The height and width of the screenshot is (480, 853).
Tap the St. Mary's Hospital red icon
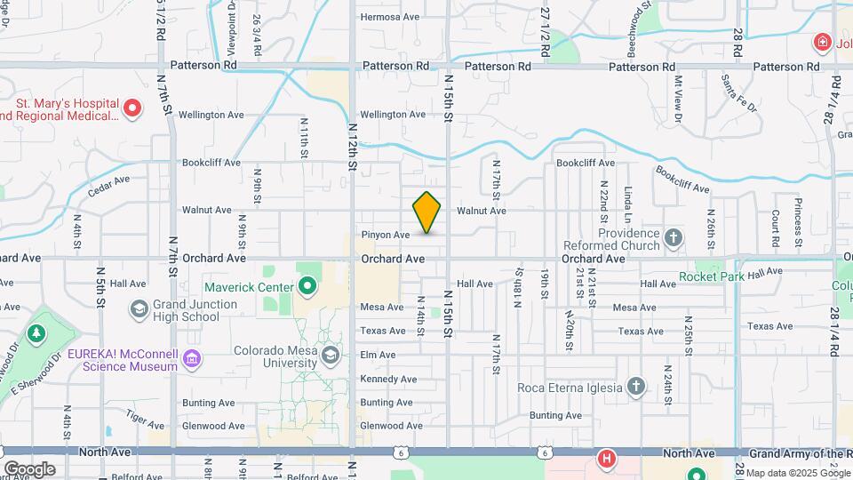pyautogui.click(x=132, y=109)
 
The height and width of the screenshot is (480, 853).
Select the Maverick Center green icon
pyautogui.click(x=307, y=286)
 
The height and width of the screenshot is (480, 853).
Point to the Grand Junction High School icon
pyautogui.click(x=139, y=308)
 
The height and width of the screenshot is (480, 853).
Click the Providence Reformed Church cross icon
pyautogui.click(x=674, y=237)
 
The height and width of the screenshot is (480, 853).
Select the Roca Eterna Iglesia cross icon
pyautogui.click(x=635, y=387)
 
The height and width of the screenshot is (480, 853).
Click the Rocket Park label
pyautogui.click(x=711, y=276)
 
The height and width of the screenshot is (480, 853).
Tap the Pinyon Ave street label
pyautogui.click(x=386, y=235)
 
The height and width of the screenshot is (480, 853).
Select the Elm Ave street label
pyautogui.click(x=378, y=355)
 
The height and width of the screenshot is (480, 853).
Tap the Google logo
pyautogui.click(x=29, y=469)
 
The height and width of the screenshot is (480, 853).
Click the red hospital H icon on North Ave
pyautogui.click(x=606, y=459)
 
